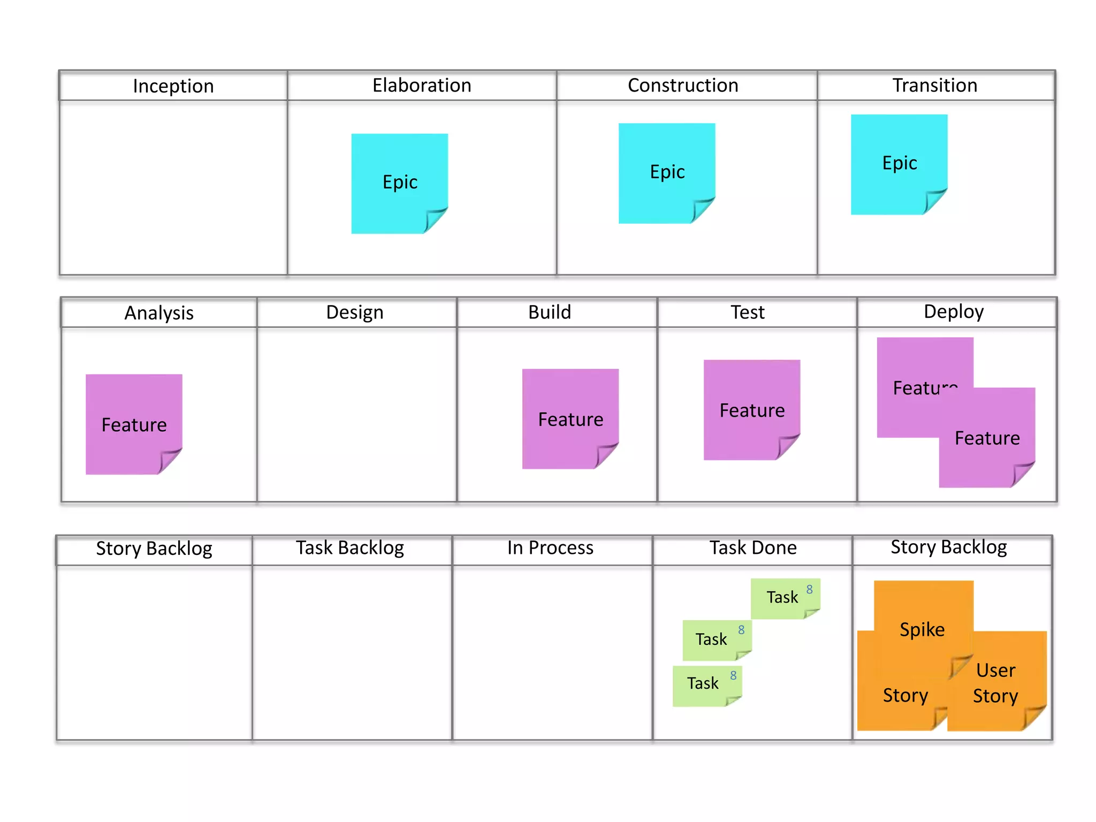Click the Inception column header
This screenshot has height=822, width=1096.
[173, 86]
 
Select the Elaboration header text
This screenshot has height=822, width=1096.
[422, 86]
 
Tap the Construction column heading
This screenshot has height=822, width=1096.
[683, 86]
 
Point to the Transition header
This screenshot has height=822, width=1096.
[934, 86]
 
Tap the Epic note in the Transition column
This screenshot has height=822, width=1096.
[899, 164]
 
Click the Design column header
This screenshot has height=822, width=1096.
[355, 313]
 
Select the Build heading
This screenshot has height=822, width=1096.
[550, 313]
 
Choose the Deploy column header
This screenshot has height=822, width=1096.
[954, 312]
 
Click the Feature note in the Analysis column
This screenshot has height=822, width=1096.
[134, 424]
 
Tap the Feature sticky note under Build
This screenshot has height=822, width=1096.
[570, 418]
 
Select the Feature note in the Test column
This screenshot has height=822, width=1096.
[752, 410]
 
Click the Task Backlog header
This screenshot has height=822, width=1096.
[350, 548]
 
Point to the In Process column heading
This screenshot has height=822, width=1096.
[550, 548]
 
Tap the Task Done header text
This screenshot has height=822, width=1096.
[753, 548]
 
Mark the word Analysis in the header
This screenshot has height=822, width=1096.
[159, 313]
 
